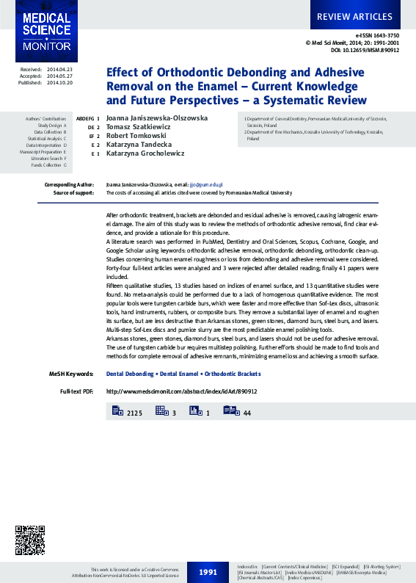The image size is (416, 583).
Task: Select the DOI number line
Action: click(x=365, y=50)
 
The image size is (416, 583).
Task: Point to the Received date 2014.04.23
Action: click(x=59, y=69)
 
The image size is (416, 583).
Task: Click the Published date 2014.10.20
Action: click(x=59, y=83)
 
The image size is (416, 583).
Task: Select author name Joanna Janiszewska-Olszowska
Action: click(x=157, y=117)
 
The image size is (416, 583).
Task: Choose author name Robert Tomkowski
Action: click(x=136, y=136)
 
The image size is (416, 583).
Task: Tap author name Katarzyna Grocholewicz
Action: click(x=145, y=153)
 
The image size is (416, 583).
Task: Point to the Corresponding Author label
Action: click(x=69, y=184)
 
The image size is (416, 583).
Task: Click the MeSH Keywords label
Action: click(x=70, y=374)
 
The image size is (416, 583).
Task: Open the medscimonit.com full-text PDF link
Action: click(x=181, y=391)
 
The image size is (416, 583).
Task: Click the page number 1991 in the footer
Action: click(x=208, y=571)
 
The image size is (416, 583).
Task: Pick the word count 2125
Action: click(x=134, y=414)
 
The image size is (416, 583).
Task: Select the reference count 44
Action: click(x=247, y=414)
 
